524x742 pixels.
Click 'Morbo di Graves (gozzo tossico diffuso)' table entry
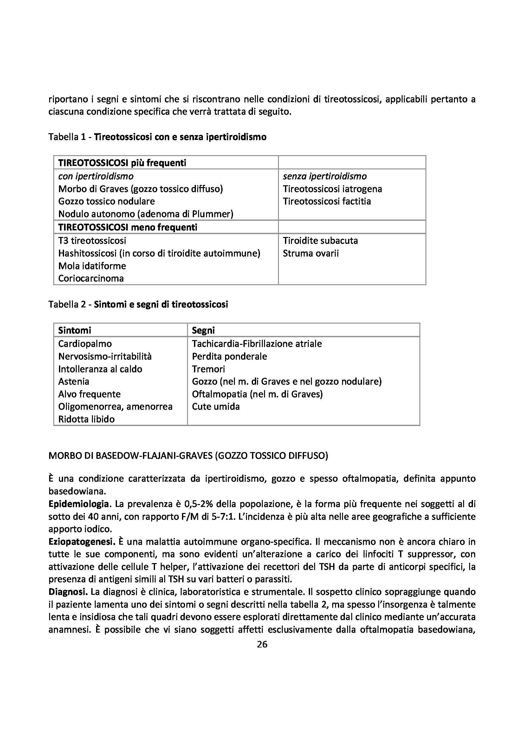(140, 189)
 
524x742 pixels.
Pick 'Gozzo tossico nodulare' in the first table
(106, 201)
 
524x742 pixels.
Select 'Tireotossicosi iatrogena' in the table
(332, 189)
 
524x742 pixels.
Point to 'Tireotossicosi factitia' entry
(327, 201)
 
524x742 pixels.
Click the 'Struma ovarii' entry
(311, 253)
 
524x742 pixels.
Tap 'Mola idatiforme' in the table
(92, 266)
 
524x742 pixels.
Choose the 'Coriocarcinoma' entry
(91, 279)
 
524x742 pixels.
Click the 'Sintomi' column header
(74, 330)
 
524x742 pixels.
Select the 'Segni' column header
(203, 330)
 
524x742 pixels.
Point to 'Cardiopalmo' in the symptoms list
(85, 344)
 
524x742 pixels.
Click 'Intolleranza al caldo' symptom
(100, 369)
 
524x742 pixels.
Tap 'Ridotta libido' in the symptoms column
(86, 419)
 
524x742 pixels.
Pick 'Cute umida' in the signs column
(216, 407)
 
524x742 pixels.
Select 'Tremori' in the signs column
(208, 369)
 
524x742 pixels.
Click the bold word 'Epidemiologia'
(78, 504)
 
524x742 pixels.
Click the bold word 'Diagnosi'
(68, 592)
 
